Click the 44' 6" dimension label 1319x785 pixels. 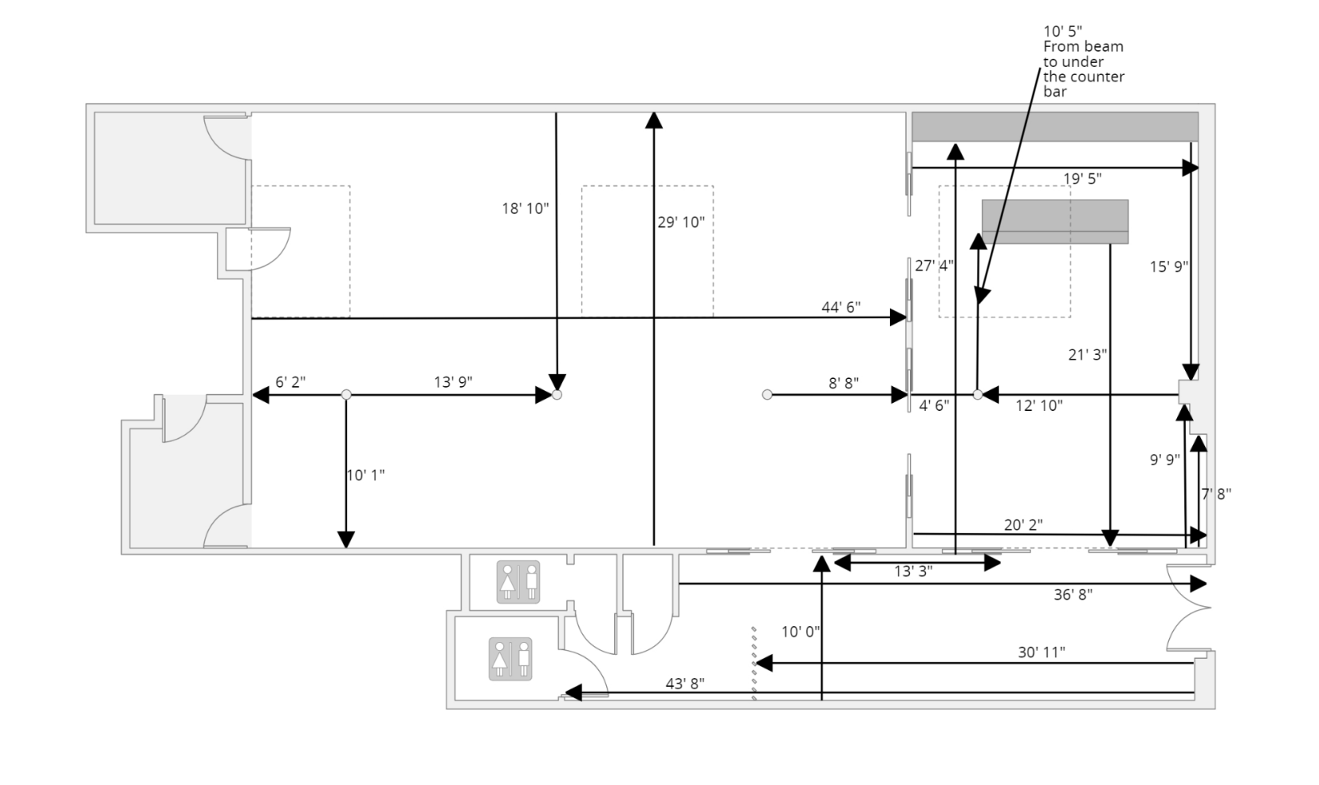coord(841,307)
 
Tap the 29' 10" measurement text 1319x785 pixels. coord(681,222)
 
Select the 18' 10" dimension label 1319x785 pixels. coord(526,208)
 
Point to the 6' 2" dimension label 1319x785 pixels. coord(290,382)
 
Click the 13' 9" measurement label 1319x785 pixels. coord(454,382)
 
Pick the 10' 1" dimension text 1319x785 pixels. coord(366,475)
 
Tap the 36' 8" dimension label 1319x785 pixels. coord(1073,595)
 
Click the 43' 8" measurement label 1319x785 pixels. coord(685,684)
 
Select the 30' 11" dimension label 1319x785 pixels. coord(1041,653)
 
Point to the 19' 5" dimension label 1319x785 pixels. coord(1082,179)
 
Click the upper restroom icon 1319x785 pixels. coord(518,582)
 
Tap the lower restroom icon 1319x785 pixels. coord(510,659)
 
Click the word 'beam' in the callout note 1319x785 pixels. coord(1104,46)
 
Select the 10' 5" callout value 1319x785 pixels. coord(1063,31)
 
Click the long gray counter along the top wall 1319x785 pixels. coord(1055,127)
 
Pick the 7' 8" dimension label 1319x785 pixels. coord(1217,494)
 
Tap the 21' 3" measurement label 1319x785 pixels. coord(1088,354)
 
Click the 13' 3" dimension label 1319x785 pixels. coord(913,571)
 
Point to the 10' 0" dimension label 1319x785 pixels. coord(801,632)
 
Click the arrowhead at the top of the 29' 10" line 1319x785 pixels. coord(654,120)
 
